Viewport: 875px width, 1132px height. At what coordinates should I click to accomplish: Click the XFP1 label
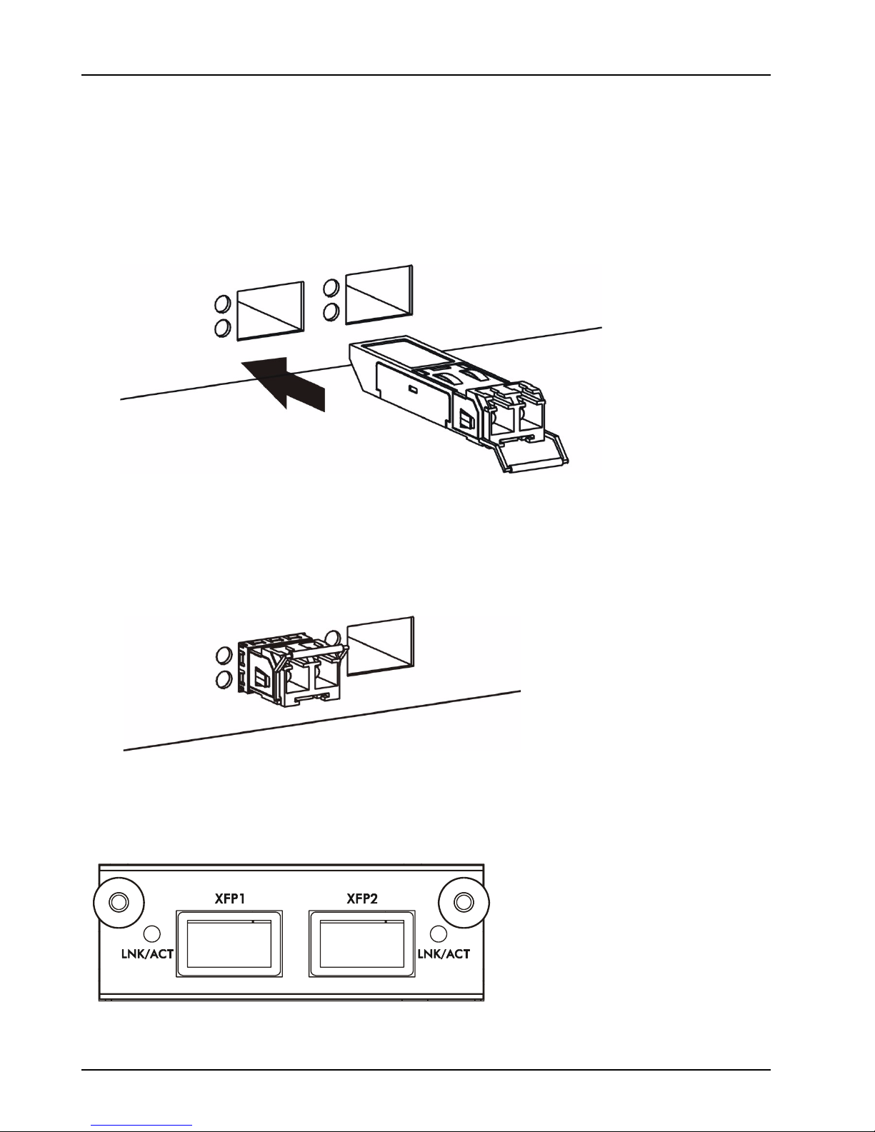[230, 898]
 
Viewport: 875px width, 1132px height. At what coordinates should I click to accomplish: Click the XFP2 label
[363, 898]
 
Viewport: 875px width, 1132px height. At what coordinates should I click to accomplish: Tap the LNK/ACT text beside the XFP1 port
[147, 954]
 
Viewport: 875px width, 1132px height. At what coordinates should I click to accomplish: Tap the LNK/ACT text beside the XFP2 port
[444, 954]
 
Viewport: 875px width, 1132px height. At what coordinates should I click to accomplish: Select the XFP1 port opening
[230, 943]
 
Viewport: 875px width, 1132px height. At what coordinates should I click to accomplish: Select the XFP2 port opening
[362, 943]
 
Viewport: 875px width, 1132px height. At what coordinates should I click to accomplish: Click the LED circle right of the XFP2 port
[439, 933]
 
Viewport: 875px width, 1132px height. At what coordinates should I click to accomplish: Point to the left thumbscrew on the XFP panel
[119, 902]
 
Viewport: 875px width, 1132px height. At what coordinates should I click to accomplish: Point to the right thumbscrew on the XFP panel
[464, 902]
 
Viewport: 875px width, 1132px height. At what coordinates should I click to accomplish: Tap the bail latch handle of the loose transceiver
[531, 454]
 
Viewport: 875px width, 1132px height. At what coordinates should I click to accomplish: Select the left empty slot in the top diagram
[270, 311]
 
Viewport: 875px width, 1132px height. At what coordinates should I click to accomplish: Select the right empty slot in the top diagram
[380, 295]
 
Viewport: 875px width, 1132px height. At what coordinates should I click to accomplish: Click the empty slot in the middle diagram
[381, 646]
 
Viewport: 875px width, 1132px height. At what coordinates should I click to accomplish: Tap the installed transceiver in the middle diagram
[291, 672]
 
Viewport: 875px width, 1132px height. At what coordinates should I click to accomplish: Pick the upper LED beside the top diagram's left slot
[222, 304]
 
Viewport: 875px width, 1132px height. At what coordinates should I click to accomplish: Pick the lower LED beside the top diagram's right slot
[331, 312]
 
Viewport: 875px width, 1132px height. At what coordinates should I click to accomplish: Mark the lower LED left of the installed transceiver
[223, 678]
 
